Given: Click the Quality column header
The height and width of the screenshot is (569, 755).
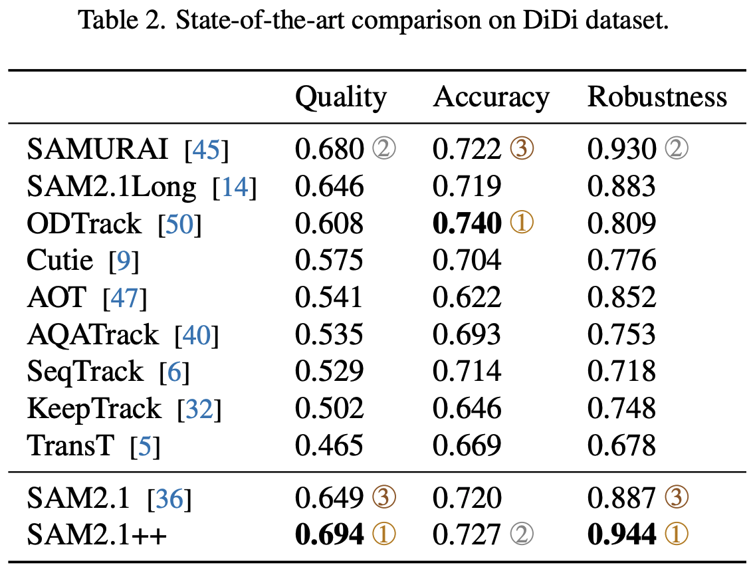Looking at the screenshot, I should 340,98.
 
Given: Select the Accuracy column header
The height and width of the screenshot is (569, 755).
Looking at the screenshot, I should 491,98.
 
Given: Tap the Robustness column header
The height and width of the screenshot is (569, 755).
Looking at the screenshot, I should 657,98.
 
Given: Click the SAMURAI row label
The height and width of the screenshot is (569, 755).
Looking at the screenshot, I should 97,150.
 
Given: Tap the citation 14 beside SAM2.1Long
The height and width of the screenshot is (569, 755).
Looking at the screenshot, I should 234,187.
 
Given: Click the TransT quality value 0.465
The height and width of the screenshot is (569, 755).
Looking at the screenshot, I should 329,445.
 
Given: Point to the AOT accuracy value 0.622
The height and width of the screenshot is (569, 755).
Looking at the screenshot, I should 467,297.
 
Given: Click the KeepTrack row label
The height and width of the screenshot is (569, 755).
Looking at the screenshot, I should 94,408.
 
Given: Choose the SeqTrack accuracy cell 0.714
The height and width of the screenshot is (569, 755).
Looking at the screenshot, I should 467,372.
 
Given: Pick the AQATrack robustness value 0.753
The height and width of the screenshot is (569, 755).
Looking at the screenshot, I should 621,334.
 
